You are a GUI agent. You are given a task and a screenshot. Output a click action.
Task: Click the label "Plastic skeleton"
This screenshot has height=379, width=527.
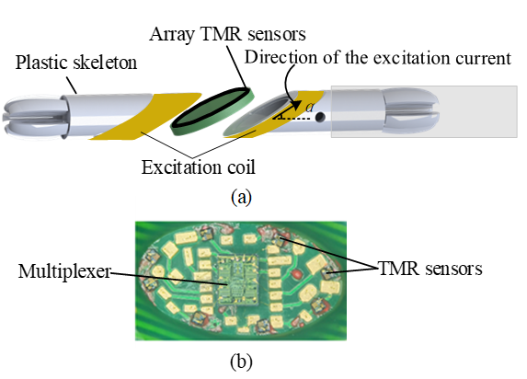pos(76,63)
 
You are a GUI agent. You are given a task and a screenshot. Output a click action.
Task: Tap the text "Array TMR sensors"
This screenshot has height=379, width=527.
pos(227,34)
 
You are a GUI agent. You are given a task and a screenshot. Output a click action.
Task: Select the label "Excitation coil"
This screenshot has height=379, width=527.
pos(199,167)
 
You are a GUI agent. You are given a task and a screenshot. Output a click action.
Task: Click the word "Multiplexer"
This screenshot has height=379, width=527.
pos(64,271)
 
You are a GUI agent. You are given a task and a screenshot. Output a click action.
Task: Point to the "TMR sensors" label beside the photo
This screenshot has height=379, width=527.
pos(430,269)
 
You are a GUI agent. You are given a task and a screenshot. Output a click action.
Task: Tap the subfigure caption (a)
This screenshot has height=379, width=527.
pos(241,198)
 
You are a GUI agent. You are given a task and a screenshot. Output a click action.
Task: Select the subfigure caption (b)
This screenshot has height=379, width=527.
pos(241,362)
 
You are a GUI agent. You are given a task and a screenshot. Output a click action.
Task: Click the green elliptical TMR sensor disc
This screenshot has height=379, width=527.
pos(212,111)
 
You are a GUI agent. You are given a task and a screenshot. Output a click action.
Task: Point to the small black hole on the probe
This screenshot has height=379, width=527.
pos(320,117)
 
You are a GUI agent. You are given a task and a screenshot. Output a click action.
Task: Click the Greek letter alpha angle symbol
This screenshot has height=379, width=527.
pos(310,107)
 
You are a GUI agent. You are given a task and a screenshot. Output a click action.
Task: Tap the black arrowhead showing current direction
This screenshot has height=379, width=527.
pos(296,104)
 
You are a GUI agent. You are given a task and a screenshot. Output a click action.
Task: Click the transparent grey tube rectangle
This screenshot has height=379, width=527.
pos(424,111)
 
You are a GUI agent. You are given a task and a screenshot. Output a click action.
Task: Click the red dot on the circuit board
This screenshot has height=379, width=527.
pos(298,274)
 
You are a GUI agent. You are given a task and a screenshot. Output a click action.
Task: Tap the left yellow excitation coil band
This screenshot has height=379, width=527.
pos(145,116)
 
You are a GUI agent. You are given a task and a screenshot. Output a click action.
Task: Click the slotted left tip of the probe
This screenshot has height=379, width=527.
pos(35,117)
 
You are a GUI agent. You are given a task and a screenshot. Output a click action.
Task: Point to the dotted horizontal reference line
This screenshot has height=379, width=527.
pos(292,119)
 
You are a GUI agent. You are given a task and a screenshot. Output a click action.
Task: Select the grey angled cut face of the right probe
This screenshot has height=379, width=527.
pos(258,115)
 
